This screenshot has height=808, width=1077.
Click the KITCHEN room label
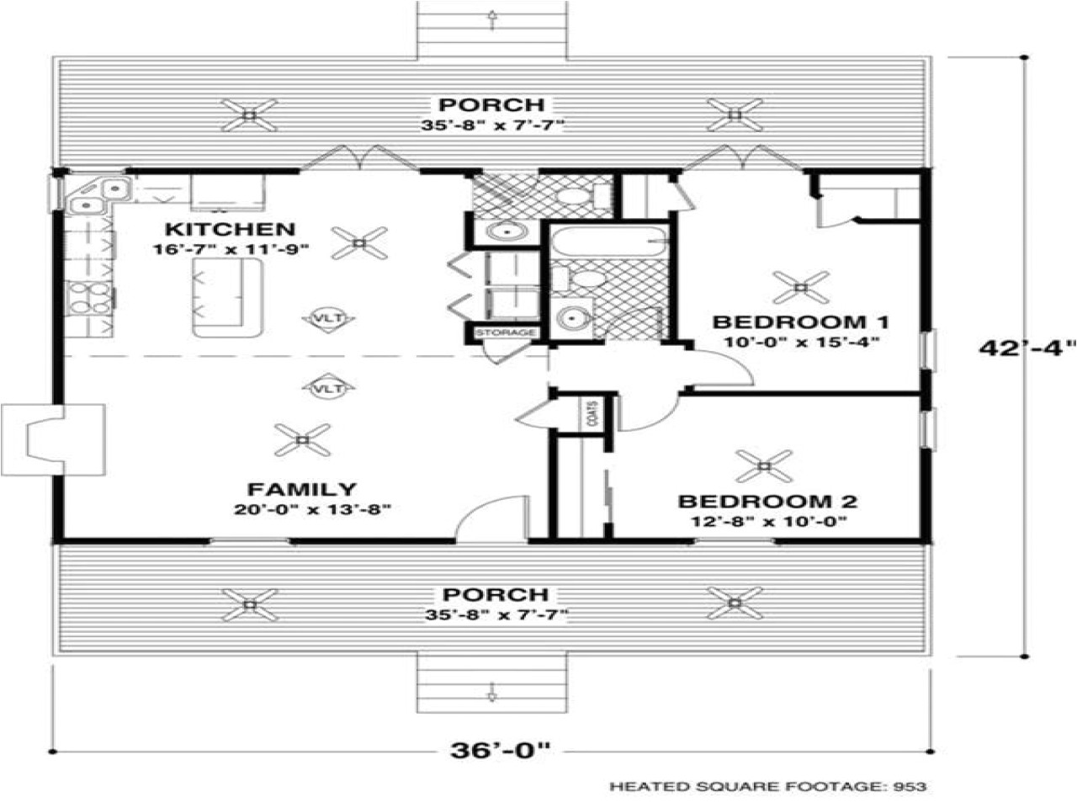230,229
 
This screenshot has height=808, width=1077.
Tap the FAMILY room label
301,489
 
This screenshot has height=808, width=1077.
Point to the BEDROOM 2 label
767,502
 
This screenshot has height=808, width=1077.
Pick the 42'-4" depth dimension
1027,348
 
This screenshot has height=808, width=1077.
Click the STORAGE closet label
506,332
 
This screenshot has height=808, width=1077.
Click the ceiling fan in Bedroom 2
765,465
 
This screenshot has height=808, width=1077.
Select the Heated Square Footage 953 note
767,786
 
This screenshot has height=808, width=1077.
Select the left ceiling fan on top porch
249,114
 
